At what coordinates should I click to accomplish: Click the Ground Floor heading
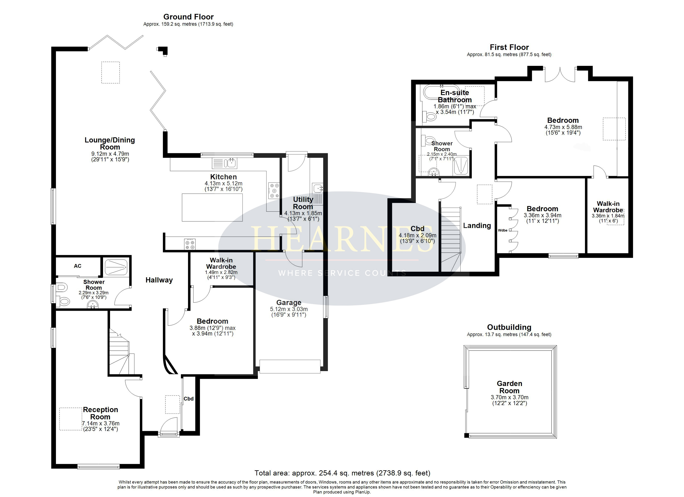(188, 17)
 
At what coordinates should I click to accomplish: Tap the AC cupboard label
(78, 266)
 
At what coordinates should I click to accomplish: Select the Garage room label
(289, 303)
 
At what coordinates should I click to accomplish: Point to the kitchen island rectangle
(212, 207)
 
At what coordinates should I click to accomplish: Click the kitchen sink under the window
(225, 163)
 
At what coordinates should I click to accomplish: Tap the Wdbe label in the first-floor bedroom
(502, 230)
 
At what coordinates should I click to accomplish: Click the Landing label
(477, 226)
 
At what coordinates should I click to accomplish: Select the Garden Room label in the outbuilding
(509, 387)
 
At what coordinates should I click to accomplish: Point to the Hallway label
(159, 280)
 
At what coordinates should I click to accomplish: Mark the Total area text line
(342, 473)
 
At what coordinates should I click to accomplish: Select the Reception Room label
(101, 413)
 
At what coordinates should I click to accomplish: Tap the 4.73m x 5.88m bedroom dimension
(563, 127)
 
